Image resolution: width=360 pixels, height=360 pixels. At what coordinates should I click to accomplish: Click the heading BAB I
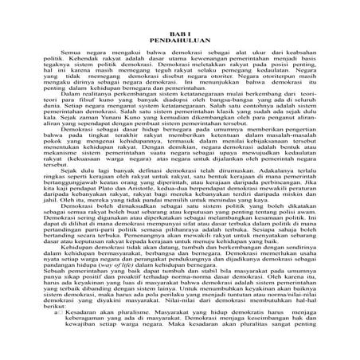179,30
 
